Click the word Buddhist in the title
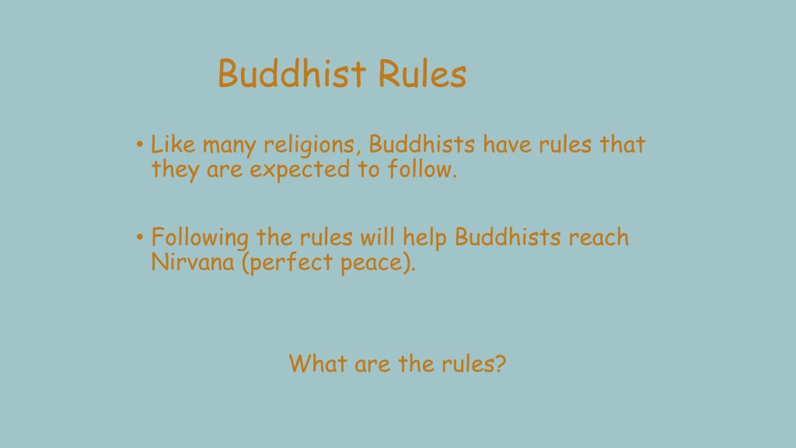click(291, 74)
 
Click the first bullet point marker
click(138, 145)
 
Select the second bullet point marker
click(138, 236)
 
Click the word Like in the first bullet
click(173, 145)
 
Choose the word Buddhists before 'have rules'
click(422, 145)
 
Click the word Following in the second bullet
click(201, 237)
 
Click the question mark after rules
click(500, 362)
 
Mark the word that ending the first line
click(622, 145)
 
